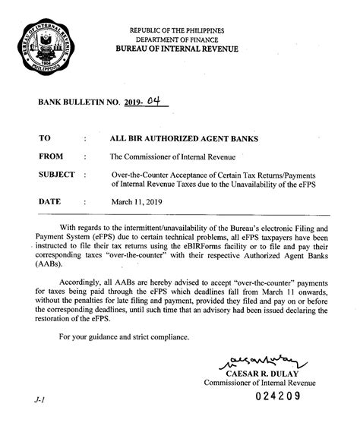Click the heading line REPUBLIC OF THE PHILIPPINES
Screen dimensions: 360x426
pyautogui.click(x=181, y=29)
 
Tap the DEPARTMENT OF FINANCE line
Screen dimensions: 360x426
pyautogui.click(x=181, y=39)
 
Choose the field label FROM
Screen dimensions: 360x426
pyautogui.click(x=51, y=157)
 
